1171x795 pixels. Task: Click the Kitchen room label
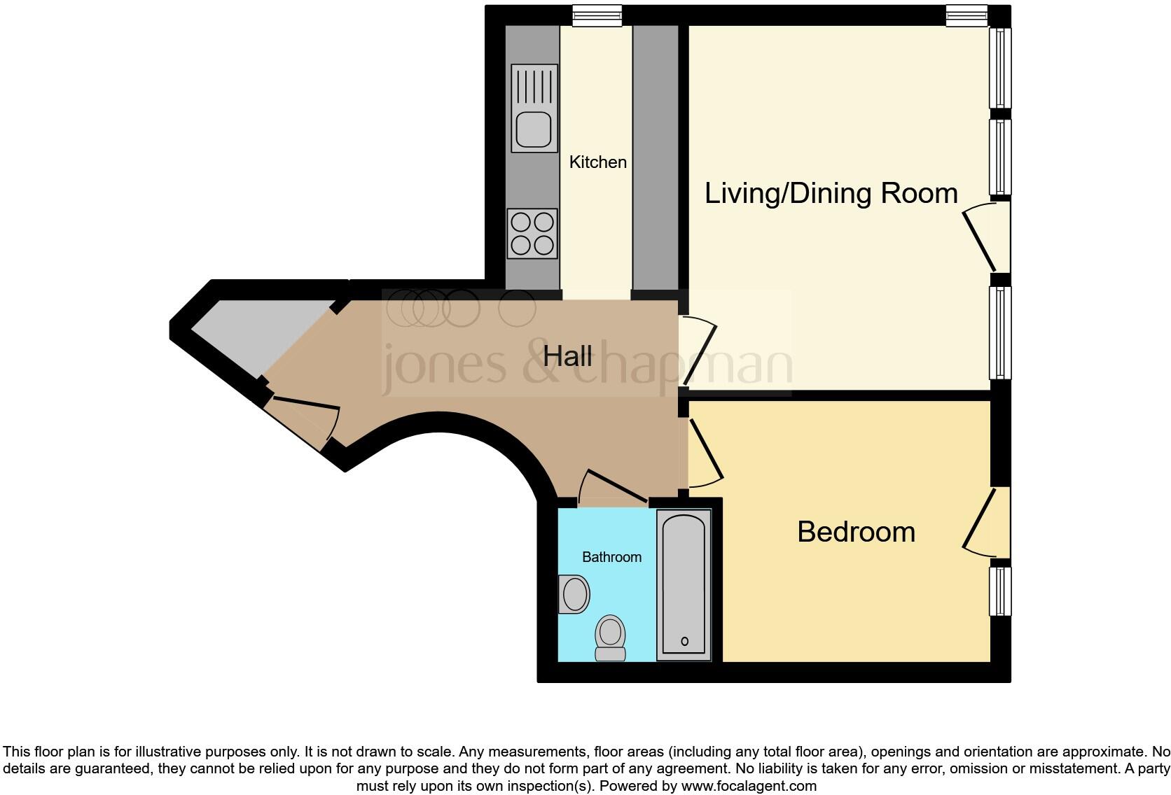(x=597, y=162)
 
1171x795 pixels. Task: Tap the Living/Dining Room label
(x=831, y=193)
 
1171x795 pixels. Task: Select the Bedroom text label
(x=856, y=532)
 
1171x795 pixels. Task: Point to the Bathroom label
(x=611, y=557)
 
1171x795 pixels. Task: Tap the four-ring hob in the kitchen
(x=532, y=234)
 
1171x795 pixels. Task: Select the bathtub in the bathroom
(x=683, y=584)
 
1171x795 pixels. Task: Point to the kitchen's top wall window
(x=597, y=15)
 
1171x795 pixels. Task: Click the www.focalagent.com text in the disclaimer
(x=749, y=786)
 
